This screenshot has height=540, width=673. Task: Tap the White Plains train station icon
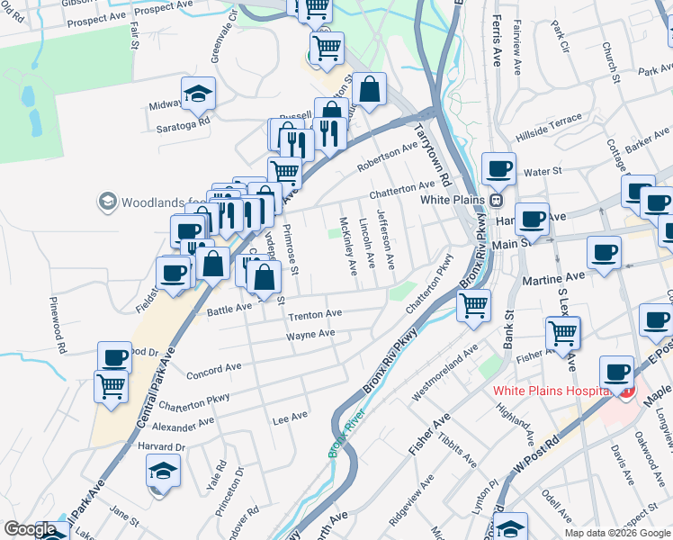coord(495,199)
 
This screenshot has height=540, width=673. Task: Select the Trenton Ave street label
coord(315,314)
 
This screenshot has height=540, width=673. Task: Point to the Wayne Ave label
coord(310,335)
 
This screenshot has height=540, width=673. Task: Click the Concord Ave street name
coord(214,368)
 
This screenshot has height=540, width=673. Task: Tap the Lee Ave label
coord(290,416)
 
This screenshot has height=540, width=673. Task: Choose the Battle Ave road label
coord(230,308)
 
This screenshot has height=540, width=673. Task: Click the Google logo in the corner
coord(30,529)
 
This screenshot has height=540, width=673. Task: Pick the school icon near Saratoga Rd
coord(198,93)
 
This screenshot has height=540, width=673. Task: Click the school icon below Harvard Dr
coord(163,470)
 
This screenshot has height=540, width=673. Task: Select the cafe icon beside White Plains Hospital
coord(616,372)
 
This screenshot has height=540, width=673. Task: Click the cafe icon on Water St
coord(498,168)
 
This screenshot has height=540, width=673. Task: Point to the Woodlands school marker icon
coord(108,200)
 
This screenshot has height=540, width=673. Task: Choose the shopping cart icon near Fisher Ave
coord(562,332)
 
